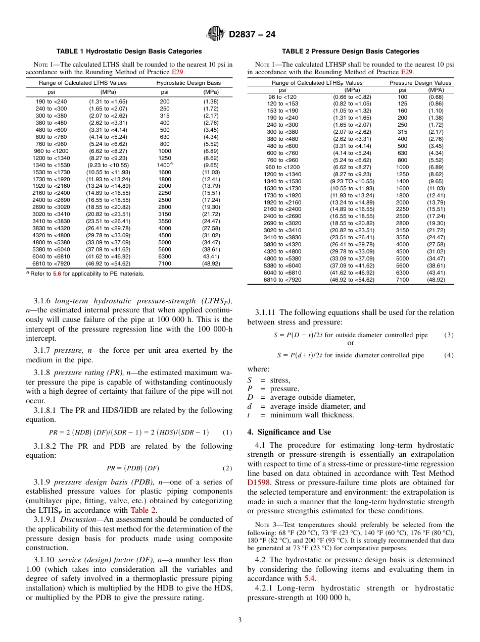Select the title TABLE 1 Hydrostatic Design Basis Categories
point(129,51)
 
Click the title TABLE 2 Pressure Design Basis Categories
point(350,51)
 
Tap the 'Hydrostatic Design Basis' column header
point(188,83)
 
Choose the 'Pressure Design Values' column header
point(420,83)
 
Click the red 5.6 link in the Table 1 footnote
point(57,274)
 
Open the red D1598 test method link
point(258,483)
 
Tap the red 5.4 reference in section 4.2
point(310,578)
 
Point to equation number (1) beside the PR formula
point(227,432)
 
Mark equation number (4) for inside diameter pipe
point(449,355)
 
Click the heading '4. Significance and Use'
point(289,432)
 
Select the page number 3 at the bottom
point(240,620)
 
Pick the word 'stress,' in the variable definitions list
point(280,380)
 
